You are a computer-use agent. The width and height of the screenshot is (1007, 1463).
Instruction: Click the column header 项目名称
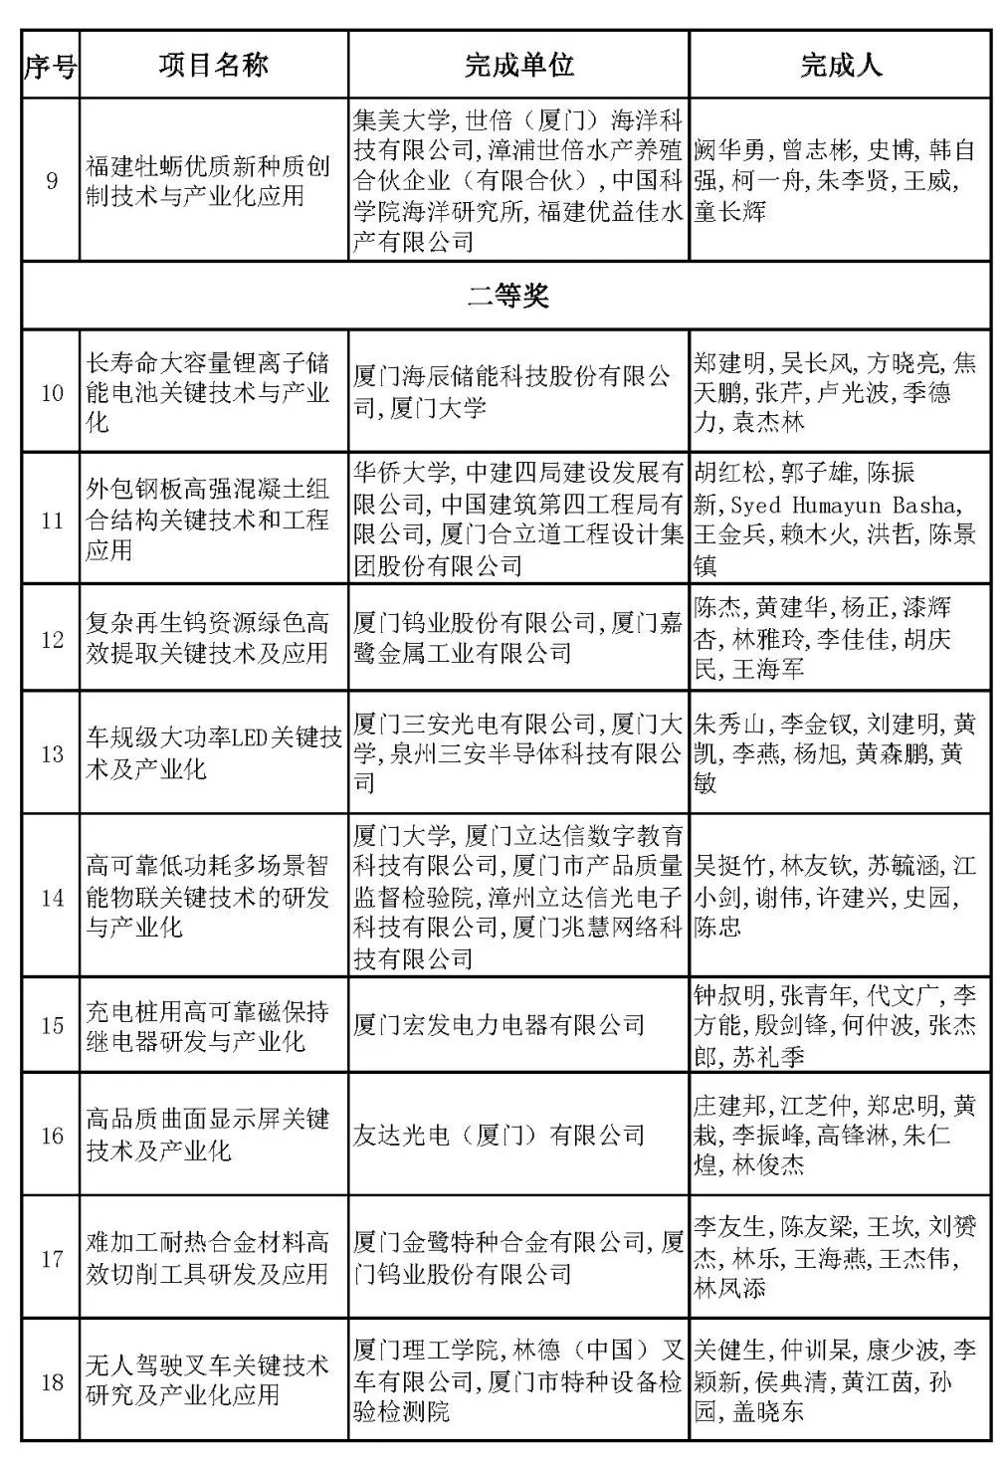213,66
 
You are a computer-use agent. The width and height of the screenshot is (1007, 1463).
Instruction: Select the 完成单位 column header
518,66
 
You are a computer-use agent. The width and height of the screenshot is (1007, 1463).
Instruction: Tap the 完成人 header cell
840,66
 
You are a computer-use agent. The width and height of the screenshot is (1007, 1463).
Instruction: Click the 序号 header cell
50,66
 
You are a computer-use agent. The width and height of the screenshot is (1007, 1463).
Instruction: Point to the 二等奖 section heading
506,296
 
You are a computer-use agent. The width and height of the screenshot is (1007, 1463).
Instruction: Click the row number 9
51,180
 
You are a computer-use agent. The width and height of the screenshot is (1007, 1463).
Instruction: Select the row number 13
51,753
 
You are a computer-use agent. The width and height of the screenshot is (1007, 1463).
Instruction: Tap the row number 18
51,1380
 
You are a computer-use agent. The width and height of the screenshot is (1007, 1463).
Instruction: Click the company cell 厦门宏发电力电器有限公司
499,1025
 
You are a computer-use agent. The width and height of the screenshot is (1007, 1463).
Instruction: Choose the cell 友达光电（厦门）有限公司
499,1135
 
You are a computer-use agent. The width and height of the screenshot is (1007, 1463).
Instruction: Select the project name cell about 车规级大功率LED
213,753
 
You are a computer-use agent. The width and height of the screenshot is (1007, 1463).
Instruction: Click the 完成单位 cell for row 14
517,897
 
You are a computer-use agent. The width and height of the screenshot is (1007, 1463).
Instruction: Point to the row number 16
51,1135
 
